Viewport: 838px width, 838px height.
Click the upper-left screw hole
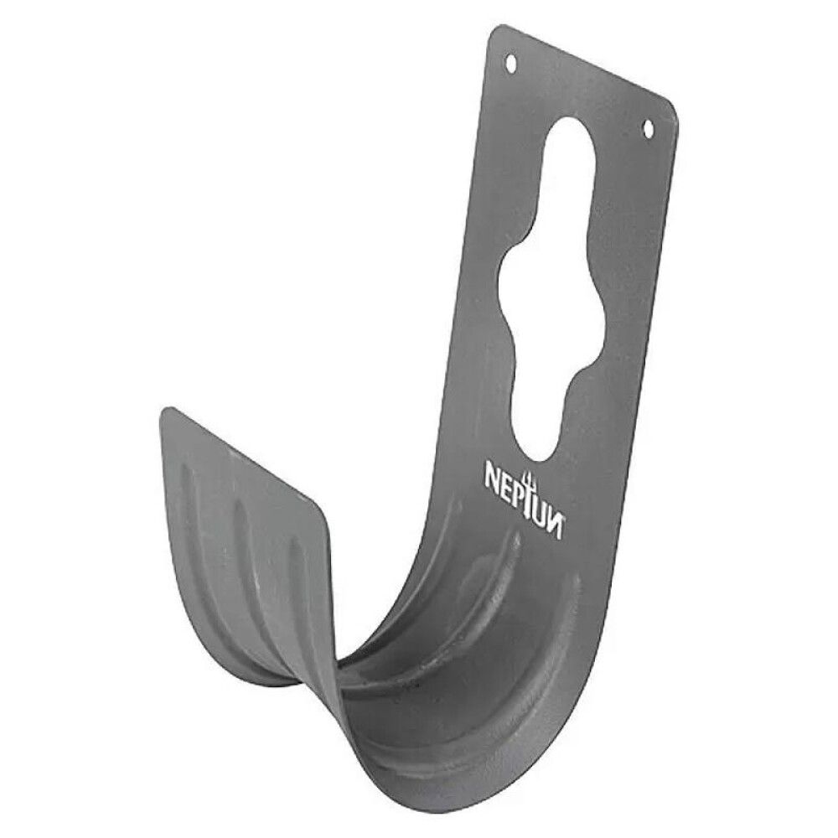510,63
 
